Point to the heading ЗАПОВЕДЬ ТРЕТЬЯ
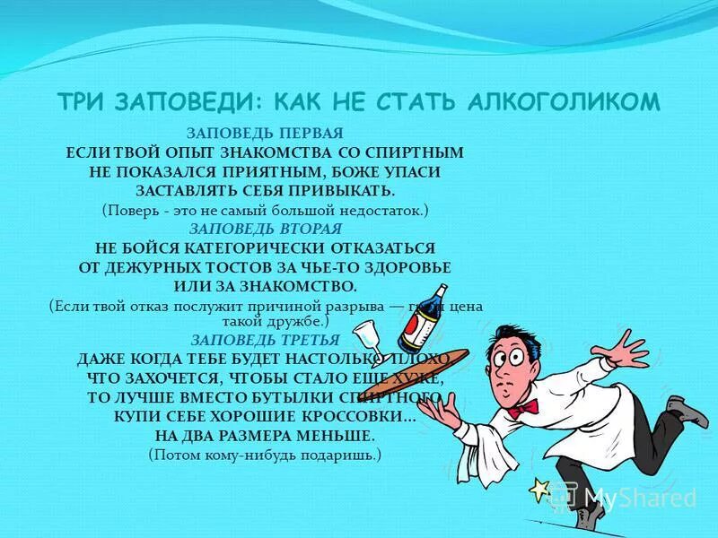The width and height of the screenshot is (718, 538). pyautogui.click(x=266, y=340)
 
